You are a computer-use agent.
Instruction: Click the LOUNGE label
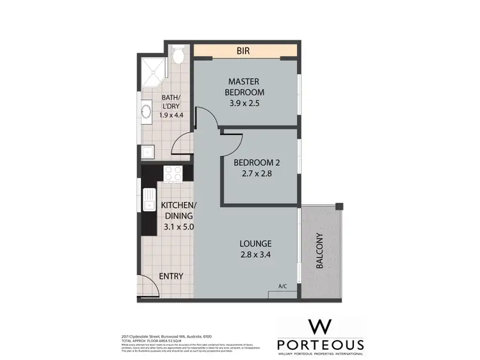255,244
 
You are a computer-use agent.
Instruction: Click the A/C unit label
283,287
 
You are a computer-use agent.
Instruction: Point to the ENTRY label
171,276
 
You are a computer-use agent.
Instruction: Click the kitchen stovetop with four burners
173,173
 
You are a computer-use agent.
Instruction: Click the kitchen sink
148,200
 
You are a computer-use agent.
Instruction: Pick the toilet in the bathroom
179,56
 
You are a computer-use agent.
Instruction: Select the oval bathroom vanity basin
146,115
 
